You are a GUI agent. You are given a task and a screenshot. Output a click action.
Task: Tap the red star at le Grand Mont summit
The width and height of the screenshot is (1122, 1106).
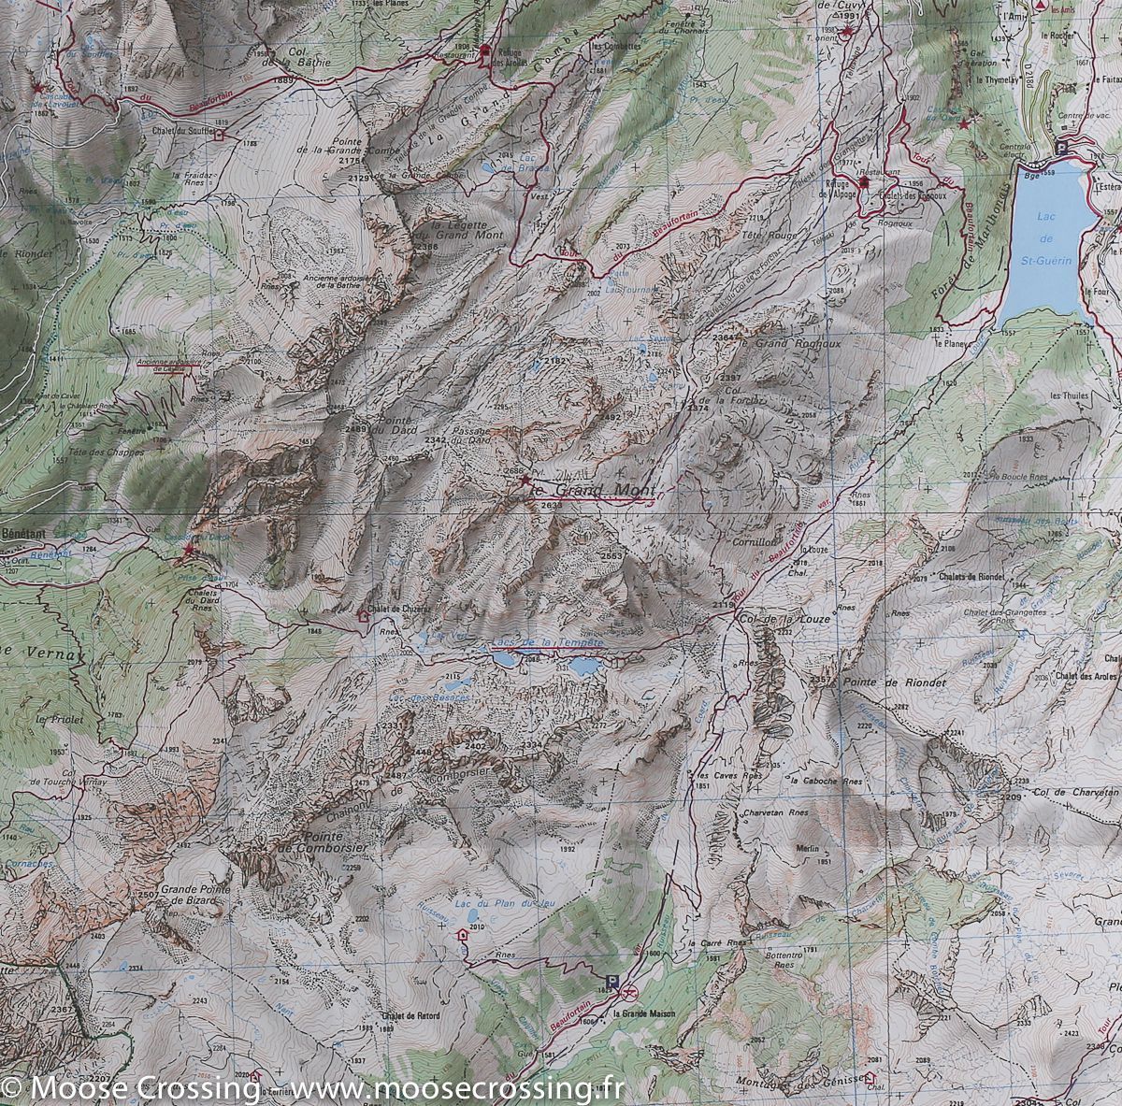(x=525, y=480)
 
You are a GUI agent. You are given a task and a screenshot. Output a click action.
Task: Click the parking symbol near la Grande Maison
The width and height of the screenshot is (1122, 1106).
(x=612, y=981)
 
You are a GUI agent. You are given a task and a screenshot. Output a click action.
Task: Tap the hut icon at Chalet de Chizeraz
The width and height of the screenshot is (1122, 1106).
(x=363, y=615)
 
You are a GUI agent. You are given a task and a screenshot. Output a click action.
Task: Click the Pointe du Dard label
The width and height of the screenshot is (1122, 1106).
(x=394, y=427)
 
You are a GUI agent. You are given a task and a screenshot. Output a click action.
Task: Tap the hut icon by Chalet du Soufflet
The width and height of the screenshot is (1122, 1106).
(x=220, y=134)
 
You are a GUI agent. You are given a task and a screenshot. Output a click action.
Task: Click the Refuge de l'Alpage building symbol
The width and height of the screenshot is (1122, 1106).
(x=865, y=183)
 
